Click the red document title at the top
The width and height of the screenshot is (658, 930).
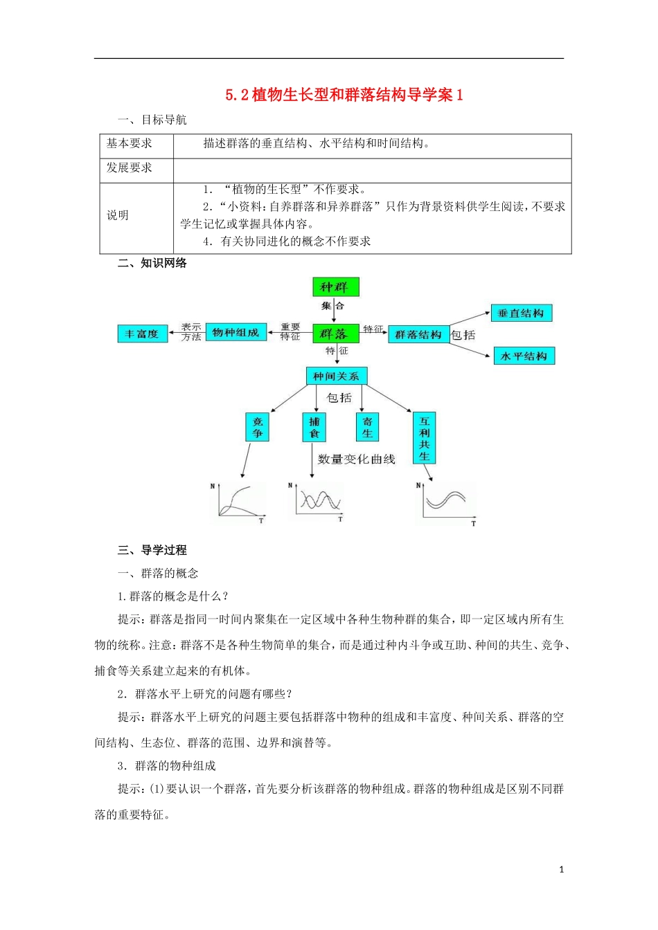pos(344,95)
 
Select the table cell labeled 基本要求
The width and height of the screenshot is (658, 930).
pos(130,144)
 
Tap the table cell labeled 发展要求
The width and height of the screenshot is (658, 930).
pos(130,168)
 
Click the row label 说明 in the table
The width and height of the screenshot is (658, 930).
pos(118,215)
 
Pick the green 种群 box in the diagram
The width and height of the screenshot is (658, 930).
pos(335,286)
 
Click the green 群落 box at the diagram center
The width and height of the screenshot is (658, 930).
pos(335,334)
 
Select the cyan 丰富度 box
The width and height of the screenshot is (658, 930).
pos(142,334)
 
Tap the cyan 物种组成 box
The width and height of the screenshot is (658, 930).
pos(236,333)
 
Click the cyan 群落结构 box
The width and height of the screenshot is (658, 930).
pos(418,334)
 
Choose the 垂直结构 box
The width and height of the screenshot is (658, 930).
pos(521,313)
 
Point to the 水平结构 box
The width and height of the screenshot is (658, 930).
pos(524,356)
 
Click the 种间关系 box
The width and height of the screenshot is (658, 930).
pos(336,376)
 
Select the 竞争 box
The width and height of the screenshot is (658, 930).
pos(258,427)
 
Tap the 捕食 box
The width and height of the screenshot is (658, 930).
pos(314,427)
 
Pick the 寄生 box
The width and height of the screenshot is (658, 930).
pos(367,427)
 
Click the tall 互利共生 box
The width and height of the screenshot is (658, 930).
pos(424,438)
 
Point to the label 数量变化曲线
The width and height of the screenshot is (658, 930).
pos(356,459)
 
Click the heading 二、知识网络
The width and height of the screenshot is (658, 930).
pos(152,263)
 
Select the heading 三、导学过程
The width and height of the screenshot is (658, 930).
pos(152,550)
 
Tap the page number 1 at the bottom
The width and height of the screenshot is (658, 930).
pos(561,870)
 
